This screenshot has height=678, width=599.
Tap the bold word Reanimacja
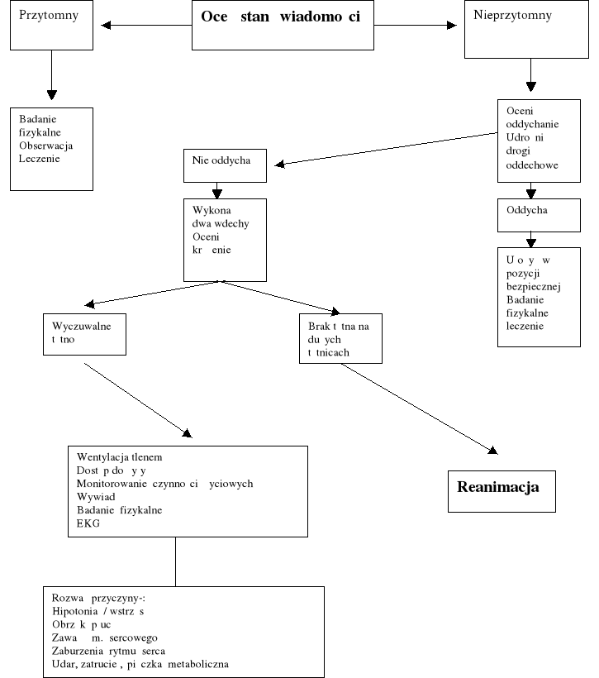click(x=497, y=487)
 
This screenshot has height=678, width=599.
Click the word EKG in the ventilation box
click(x=88, y=523)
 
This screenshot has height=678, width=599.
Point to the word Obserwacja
click(x=46, y=145)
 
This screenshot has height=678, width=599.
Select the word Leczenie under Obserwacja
click(x=40, y=158)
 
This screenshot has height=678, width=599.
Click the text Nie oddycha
click(x=221, y=159)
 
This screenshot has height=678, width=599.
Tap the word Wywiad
click(x=95, y=497)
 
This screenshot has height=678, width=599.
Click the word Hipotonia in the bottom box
click(x=74, y=610)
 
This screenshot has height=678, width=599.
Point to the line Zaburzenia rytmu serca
click(x=113, y=651)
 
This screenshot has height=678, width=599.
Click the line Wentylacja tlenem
click(x=120, y=457)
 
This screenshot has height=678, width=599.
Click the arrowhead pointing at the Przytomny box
click(x=106, y=26)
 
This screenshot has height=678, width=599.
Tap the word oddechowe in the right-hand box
click(x=531, y=165)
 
